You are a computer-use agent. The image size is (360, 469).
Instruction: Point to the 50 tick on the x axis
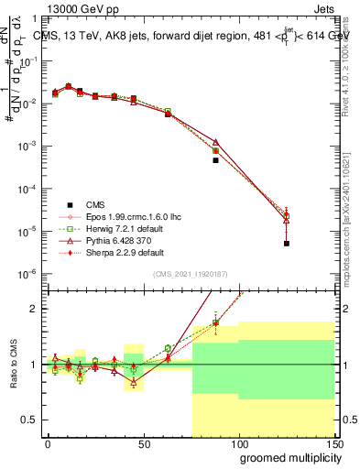pyautogui.click(x=143, y=443)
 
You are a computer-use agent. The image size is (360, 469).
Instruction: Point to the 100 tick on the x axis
pyautogui.click(x=238, y=443)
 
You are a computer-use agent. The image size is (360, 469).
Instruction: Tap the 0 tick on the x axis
pyautogui.click(x=48, y=443)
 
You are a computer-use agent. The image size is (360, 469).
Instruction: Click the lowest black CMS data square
pyautogui.click(x=287, y=244)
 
